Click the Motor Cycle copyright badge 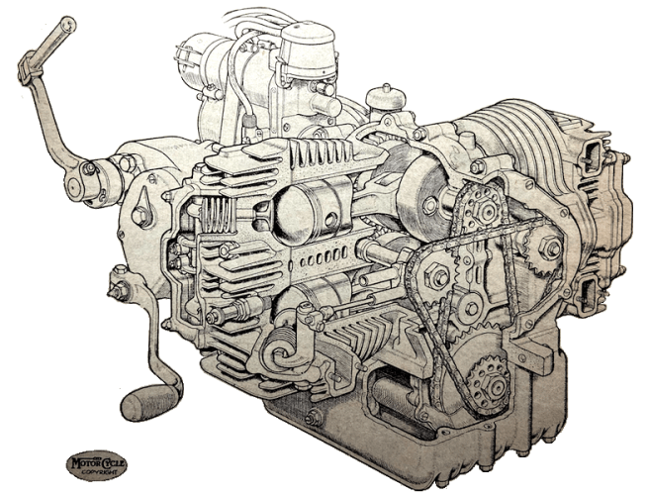tap(97, 463)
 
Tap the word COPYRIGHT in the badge tap(97, 472)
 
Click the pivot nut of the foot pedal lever tap(119, 290)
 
